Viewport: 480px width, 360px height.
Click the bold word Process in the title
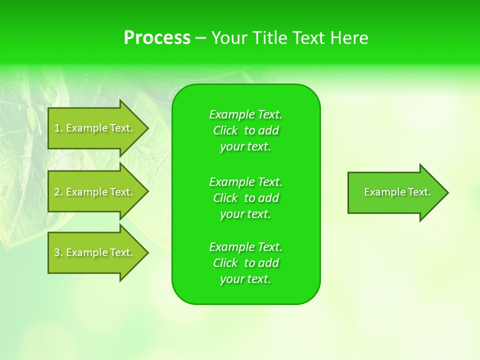pos(157,38)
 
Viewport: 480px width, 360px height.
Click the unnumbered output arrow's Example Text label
pos(397,192)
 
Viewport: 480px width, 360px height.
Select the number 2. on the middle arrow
pos(58,192)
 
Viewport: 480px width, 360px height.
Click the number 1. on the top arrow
pos(58,128)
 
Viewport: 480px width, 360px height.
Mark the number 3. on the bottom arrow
pos(58,252)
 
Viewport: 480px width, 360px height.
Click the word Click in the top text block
pos(225,130)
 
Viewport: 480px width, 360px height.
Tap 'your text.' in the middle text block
pos(245,214)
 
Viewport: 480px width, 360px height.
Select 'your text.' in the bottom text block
pos(245,279)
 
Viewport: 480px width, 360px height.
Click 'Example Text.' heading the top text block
pos(245,114)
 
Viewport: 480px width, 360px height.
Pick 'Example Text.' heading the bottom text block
pos(245,247)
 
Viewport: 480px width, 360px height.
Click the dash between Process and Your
pos(201,38)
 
